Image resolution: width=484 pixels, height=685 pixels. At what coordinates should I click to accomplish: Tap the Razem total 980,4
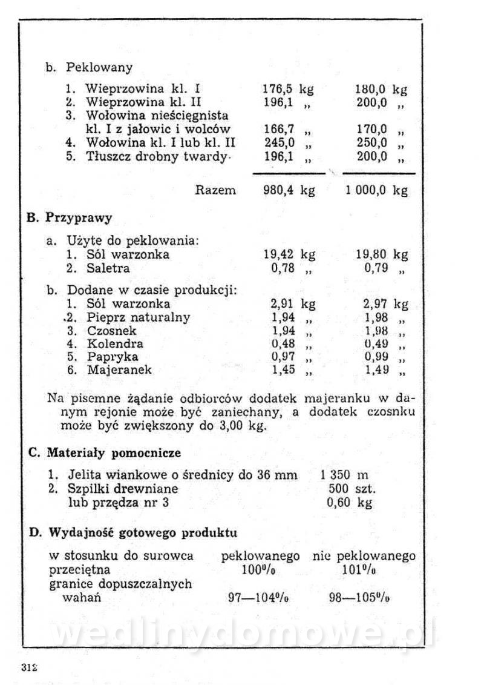[279, 190]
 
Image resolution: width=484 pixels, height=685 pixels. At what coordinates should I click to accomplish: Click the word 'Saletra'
[108, 268]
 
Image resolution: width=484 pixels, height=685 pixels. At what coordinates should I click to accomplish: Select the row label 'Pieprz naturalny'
[138, 317]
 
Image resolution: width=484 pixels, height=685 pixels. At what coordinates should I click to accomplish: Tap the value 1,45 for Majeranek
[283, 369]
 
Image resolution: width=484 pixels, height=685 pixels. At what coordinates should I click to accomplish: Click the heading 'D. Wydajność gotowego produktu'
[133, 533]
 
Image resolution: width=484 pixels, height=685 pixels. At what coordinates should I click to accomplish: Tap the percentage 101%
[359, 570]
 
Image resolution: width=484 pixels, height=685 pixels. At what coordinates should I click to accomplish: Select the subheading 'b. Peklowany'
[89, 67]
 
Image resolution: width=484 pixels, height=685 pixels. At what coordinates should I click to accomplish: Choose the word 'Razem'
[216, 190]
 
